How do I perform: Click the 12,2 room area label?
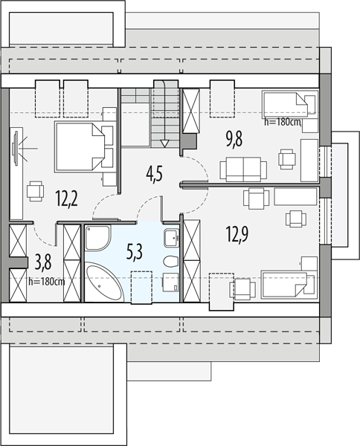67,198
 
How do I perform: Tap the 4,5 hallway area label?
155,175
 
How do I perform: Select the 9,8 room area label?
234,140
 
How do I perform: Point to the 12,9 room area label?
237,234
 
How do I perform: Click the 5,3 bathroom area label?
135,253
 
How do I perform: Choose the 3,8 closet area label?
43,262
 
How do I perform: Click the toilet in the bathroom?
171,262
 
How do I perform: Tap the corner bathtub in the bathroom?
104,282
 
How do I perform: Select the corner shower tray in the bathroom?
97,238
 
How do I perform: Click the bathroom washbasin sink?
171,238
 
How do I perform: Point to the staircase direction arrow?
164,143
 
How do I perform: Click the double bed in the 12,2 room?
80,146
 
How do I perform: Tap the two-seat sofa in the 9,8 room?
243,169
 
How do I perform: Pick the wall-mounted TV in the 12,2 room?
15,148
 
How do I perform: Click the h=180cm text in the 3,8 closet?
47,282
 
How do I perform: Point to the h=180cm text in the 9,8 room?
283,122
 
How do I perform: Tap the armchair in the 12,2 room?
36,191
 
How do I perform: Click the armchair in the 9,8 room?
287,159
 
